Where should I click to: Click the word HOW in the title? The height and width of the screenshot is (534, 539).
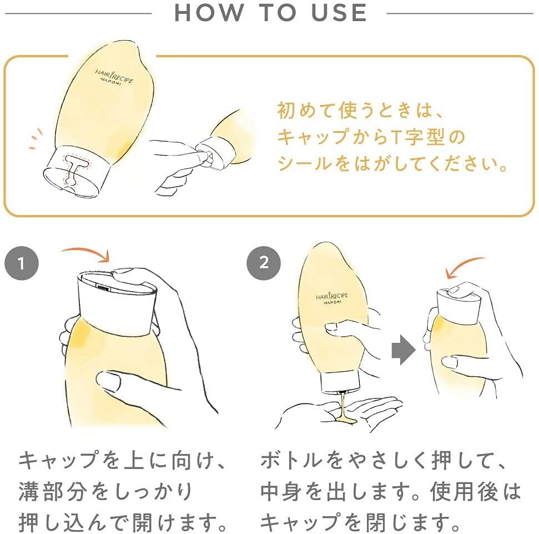[209, 13]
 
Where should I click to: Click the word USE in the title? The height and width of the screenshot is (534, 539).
[339, 13]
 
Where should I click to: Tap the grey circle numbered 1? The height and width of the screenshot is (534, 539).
[21, 263]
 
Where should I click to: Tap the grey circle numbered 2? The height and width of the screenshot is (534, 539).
[264, 263]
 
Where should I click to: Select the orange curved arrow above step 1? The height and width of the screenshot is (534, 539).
[87, 253]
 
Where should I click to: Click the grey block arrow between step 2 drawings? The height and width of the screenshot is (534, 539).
[404, 350]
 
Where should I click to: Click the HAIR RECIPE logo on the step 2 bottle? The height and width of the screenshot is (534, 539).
[332, 297]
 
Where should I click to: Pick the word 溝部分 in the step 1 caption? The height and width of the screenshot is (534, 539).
[52, 491]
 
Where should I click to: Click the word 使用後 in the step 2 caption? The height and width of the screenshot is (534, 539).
[464, 491]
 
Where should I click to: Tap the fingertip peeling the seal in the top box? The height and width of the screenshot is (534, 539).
[202, 154]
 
